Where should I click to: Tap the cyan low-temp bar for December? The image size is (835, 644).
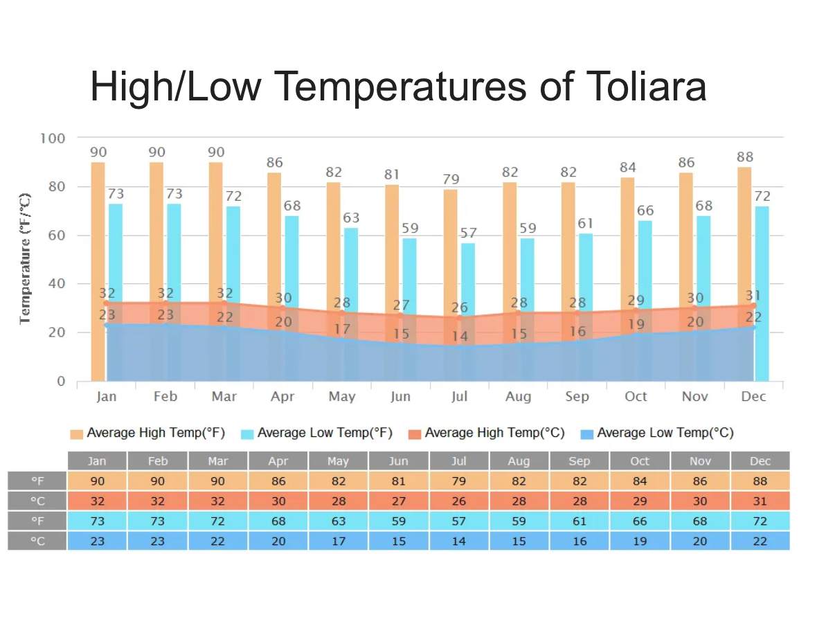[762, 291]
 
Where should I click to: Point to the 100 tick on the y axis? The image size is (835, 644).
[53, 138]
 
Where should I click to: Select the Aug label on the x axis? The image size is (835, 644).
[518, 396]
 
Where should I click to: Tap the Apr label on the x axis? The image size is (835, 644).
[282, 396]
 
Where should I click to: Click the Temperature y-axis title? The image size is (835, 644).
[26, 258]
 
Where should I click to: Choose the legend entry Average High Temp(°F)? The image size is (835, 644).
[148, 433]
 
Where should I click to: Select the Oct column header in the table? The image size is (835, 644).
[640, 461]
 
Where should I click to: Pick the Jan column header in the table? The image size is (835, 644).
[98, 461]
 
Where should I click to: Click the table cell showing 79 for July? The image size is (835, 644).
[459, 481]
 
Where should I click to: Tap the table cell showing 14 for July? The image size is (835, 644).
[459, 541]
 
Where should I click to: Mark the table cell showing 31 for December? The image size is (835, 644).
[760, 501]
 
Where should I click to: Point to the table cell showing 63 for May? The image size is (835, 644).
[338, 521]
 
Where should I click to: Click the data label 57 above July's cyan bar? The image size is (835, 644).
[469, 233]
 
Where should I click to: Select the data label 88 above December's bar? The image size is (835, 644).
[745, 157]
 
